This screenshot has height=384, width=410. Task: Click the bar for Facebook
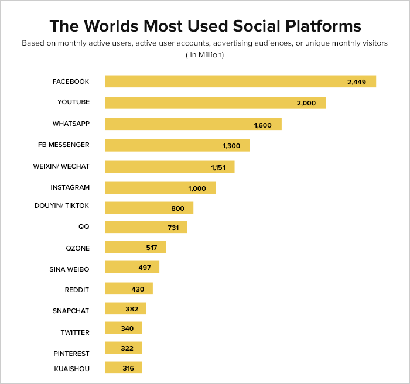(x=241, y=81)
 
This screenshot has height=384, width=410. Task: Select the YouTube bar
(x=216, y=102)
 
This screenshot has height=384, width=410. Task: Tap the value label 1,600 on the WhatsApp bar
(x=263, y=125)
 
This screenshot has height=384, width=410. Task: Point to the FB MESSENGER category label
(x=63, y=145)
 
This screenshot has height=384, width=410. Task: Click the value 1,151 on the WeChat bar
(x=218, y=167)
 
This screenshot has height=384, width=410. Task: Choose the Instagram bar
(x=160, y=188)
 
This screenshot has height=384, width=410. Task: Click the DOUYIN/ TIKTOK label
(x=61, y=205)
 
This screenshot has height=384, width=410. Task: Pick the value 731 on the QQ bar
(x=173, y=228)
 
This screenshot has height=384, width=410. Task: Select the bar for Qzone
(x=135, y=247)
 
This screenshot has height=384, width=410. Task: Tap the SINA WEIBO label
(x=69, y=269)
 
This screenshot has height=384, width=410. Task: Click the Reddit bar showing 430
(x=129, y=289)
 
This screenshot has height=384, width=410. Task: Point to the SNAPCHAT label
(x=71, y=311)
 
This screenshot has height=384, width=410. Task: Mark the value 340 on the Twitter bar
(x=127, y=328)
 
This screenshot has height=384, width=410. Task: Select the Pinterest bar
(x=124, y=348)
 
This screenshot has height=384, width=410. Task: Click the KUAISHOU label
(x=71, y=369)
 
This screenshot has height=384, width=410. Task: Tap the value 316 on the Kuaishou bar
(x=128, y=368)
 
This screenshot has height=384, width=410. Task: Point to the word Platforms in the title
(x=323, y=26)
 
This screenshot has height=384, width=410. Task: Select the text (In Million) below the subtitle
(x=205, y=55)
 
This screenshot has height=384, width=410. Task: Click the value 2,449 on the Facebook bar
(x=356, y=82)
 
